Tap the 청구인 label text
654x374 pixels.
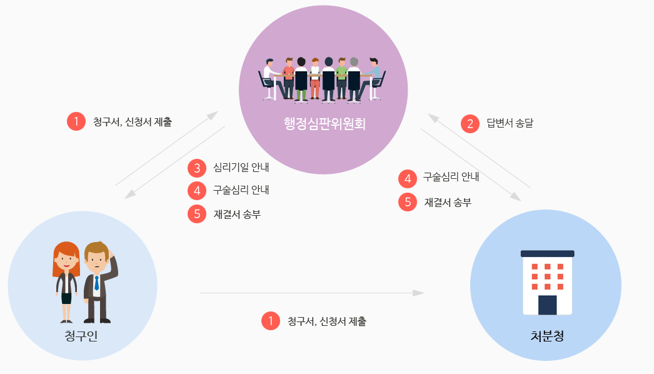tap(81, 336)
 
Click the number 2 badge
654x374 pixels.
tap(470, 123)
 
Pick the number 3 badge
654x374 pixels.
tap(197, 168)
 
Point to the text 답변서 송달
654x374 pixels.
tap(510, 123)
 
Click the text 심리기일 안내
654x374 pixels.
tap(241, 168)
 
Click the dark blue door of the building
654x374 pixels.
tap(547, 305)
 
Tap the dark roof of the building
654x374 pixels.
tap(547, 253)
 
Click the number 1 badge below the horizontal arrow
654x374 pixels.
tap(270, 321)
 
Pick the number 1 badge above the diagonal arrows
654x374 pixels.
tap(76, 121)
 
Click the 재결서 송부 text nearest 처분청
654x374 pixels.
tap(448, 202)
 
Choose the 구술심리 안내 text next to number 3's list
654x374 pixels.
tap(241, 190)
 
